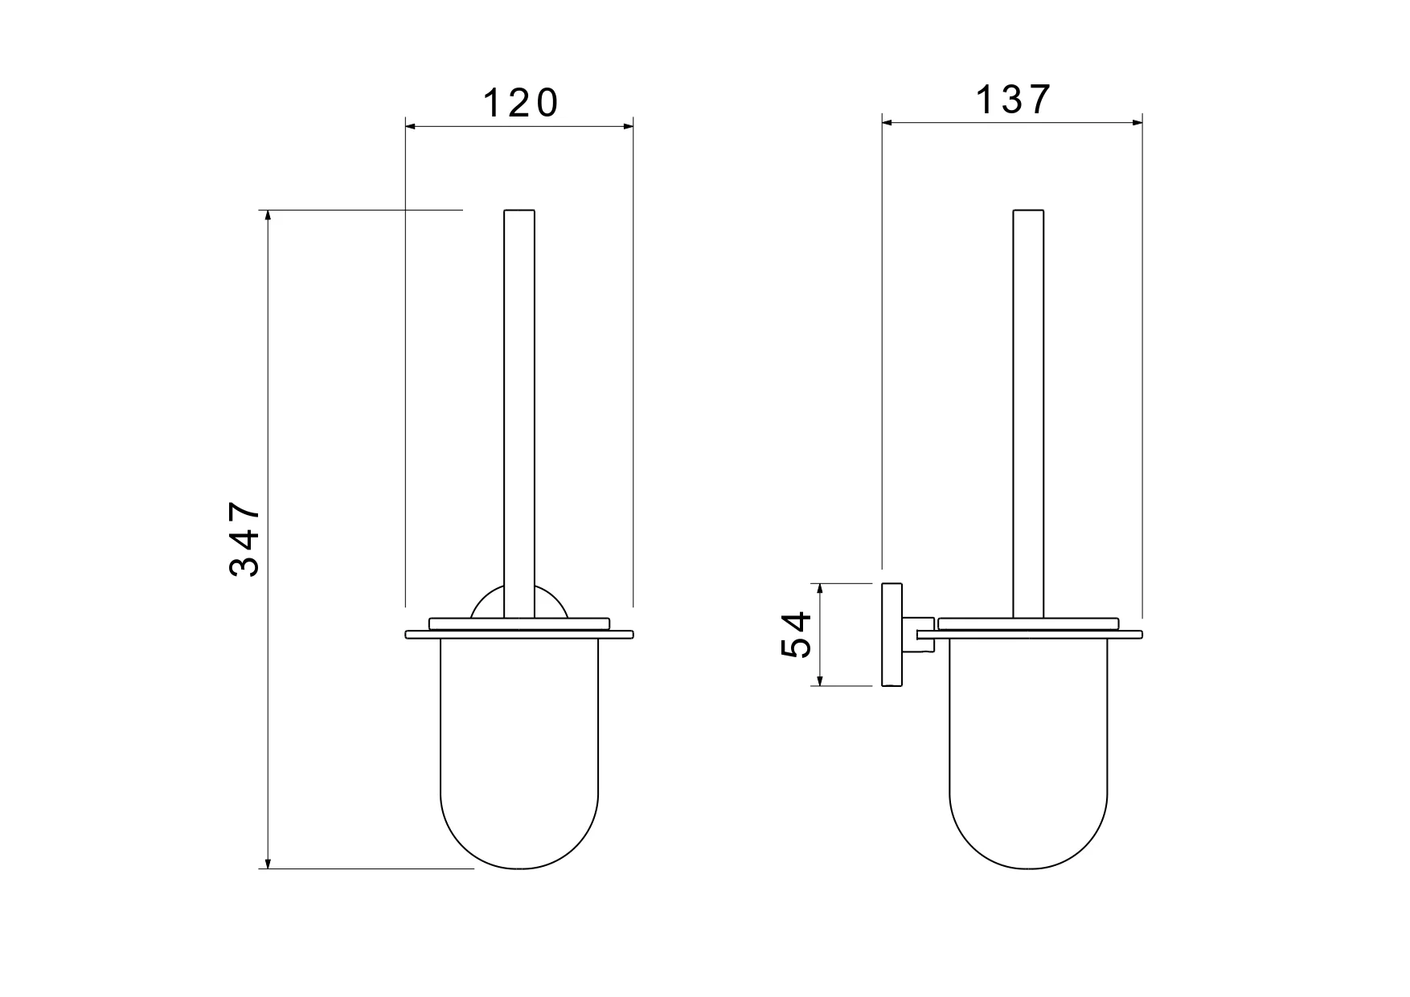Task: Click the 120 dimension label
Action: (520, 104)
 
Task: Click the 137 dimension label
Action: (1013, 100)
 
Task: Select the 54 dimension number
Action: (797, 635)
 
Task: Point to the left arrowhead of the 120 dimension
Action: (411, 126)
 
